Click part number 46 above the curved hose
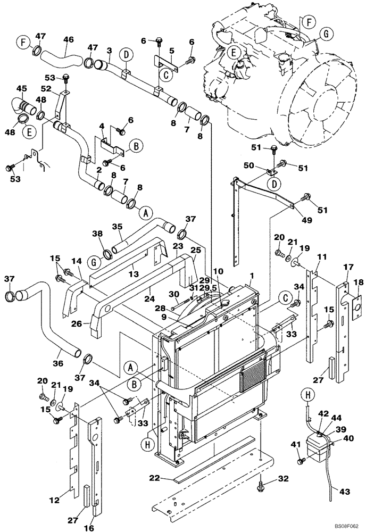(x=69, y=39)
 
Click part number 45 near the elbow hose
(x=21, y=88)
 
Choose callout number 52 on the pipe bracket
(x=46, y=88)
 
